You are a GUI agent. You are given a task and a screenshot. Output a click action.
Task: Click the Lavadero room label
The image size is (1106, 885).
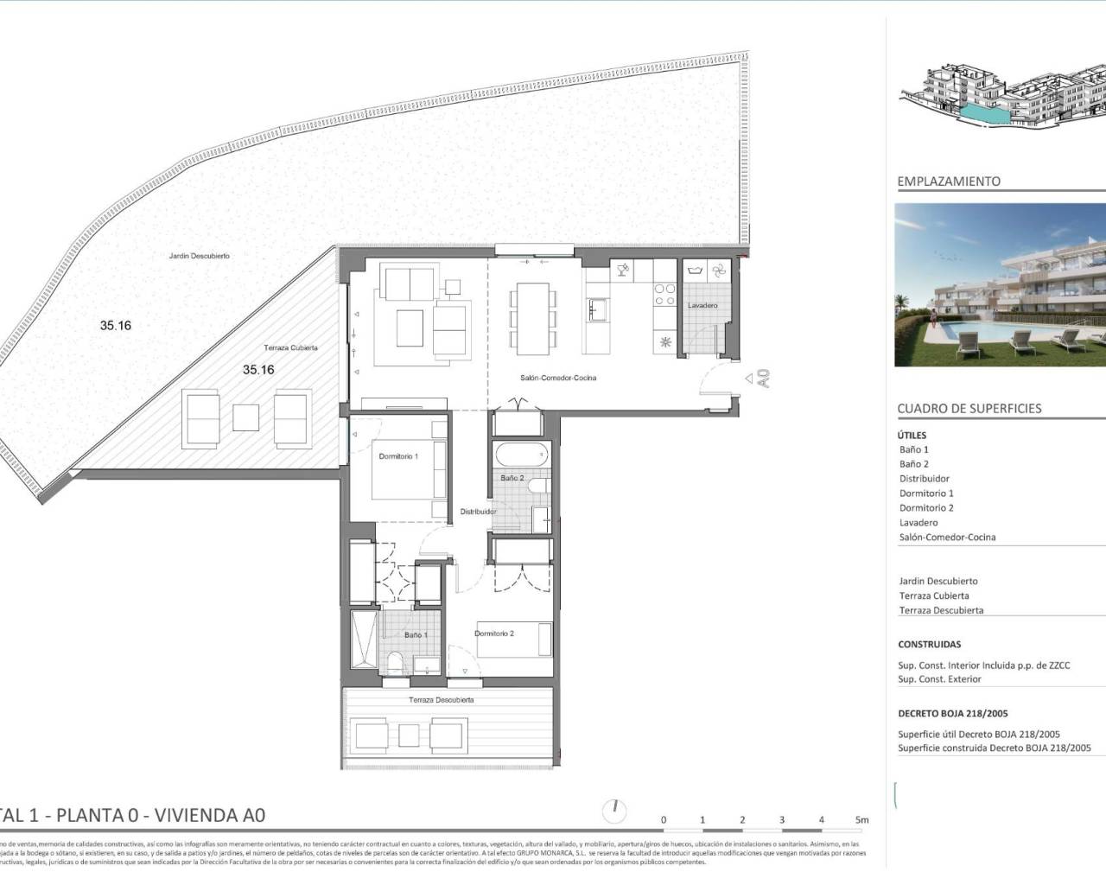(x=702, y=305)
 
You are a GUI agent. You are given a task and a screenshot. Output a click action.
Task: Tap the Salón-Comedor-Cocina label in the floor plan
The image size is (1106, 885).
(x=558, y=378)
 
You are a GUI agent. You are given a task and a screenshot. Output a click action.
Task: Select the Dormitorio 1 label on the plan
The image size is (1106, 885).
(x=397, y=456)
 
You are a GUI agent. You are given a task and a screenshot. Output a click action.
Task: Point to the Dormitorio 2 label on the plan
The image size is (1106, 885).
(x=494, y=634)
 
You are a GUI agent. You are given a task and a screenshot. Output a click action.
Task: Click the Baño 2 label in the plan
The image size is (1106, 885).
(x=512, y=478)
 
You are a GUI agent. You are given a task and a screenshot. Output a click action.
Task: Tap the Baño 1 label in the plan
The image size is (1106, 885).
(x=416, y=635)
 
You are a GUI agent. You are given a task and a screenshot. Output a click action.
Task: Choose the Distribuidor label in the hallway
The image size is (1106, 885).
(x=478, y=512)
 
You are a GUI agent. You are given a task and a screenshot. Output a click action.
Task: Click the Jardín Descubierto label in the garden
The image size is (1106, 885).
(x=200, y=256)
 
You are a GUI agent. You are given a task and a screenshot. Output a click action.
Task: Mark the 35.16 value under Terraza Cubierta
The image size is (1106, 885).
(x=258, y=370)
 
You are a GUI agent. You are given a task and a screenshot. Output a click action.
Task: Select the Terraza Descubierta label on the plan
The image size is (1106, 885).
(x=441, y=700)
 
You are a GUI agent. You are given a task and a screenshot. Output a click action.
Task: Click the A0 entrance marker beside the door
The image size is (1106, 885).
(x=762, y=378)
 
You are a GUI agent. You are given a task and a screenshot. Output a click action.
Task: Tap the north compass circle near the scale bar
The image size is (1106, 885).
(x=614, y=811)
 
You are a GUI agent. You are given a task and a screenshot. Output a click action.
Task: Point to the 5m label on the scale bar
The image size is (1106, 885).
(x=861, y=820)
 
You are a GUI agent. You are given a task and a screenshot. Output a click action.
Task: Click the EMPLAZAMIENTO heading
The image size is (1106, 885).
(x=949, y=181)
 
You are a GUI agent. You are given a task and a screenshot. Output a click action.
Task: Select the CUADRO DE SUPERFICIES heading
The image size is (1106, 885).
(x=969, y=409)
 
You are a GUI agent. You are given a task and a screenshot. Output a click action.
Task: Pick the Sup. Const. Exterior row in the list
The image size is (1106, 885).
(x=939, y=679)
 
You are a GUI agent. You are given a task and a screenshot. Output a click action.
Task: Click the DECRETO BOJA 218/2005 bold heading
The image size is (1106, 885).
(x=953, y=714)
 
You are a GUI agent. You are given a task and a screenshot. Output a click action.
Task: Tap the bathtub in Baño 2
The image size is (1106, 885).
(x=519, y=455)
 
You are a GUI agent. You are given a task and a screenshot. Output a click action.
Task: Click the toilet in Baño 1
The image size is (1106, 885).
(x=395, y=664)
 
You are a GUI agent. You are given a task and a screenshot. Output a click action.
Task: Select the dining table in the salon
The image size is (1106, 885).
(x=527, y=317)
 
